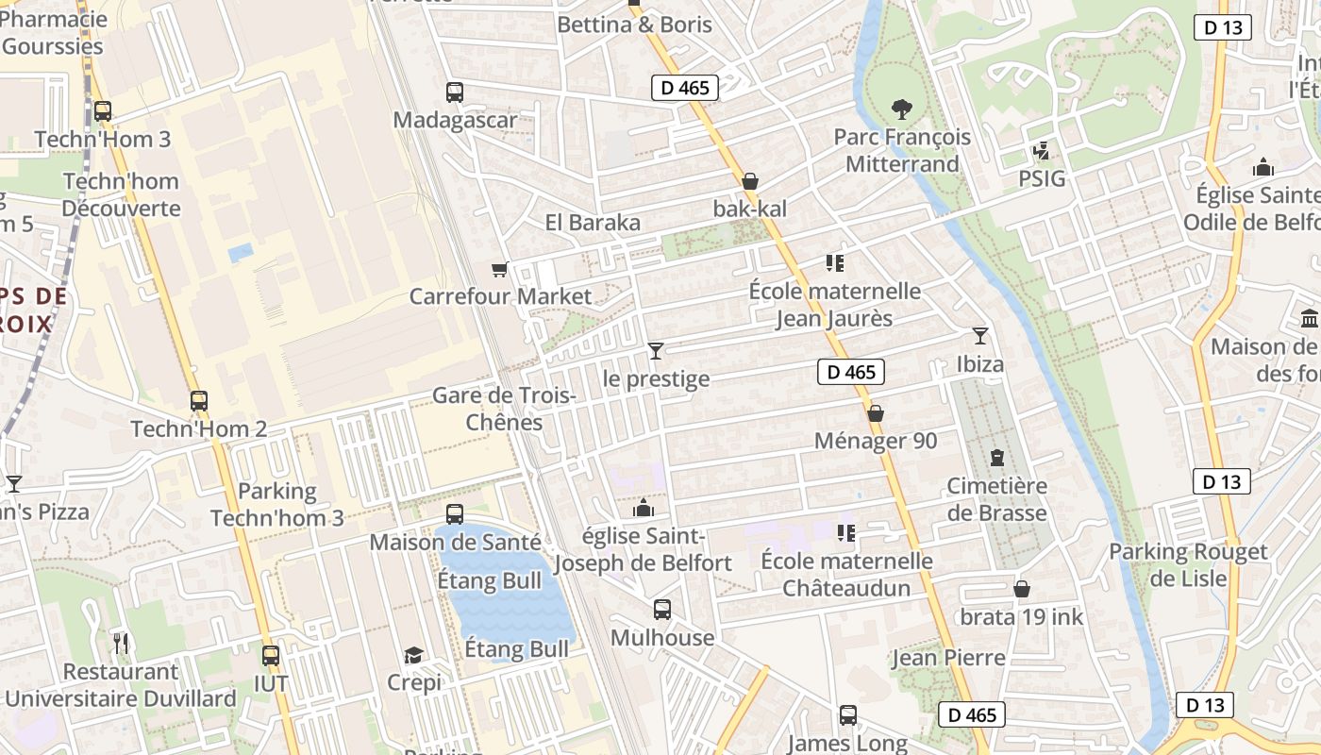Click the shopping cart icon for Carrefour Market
[x=500, y=269]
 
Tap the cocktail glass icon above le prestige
[x=656, y=351]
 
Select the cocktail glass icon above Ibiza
[x=980, y=335]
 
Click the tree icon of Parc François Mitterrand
[x=901, y=109]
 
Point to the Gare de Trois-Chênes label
[x=504, y=408]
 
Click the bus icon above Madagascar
[x=455, y=92]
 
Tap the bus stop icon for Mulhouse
[x=662, y=610]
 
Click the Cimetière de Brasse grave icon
[x=997, y=459]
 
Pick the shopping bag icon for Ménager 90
[x=876, y=413]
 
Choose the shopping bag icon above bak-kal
[x=750, y=181]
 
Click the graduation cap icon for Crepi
[x=413, y=655]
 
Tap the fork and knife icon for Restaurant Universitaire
[x=121, y=644]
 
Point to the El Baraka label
[x=593, y=223]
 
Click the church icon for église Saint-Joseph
[x=644, y=509]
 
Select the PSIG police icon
[x=1042, y=151]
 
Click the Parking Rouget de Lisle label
[x=1188, y=564]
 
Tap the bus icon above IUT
[x=271, y=655]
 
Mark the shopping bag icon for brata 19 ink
[x=1021, y=590]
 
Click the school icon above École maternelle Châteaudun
[x=846, y=533]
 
